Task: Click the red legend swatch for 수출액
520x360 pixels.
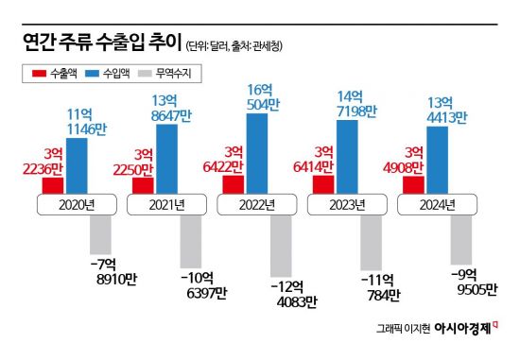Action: pos(39,72)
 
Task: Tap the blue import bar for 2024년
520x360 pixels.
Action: pos(438,161)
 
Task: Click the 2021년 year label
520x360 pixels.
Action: pos(167,204)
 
